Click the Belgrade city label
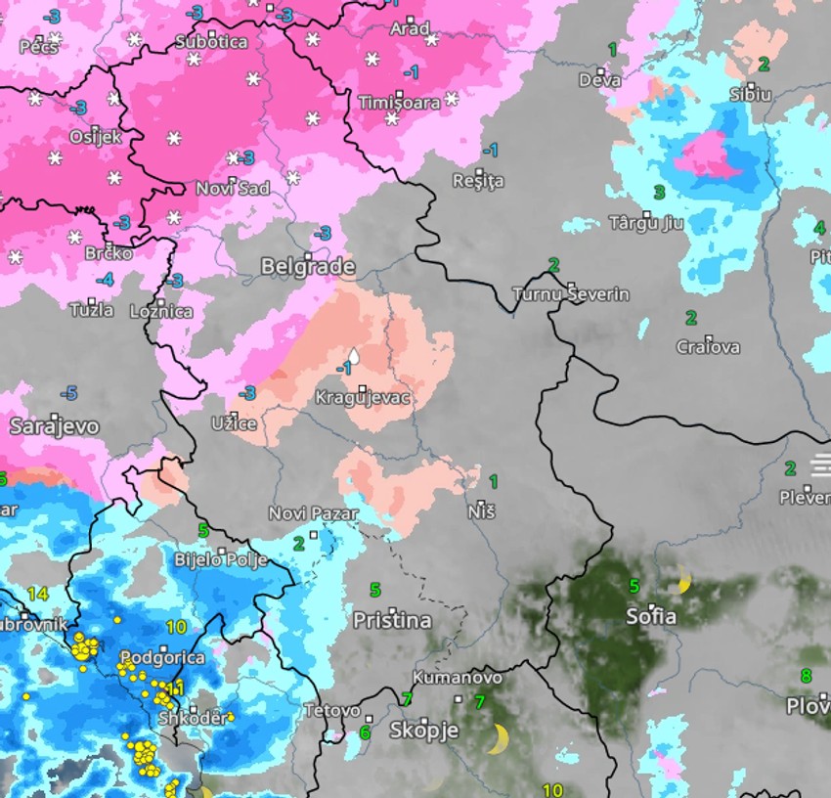point(307,266)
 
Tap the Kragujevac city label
point(362,398)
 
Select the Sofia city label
point(650,617)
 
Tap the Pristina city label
point(392,620)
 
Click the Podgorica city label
point(162,657)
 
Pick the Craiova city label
point(708,346)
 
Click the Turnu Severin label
point(571,293)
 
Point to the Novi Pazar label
point(314,513)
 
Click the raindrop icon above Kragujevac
point(355,358)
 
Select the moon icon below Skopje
point(500,738)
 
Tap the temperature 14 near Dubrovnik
point(38,594)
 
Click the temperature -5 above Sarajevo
point(68,393)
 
